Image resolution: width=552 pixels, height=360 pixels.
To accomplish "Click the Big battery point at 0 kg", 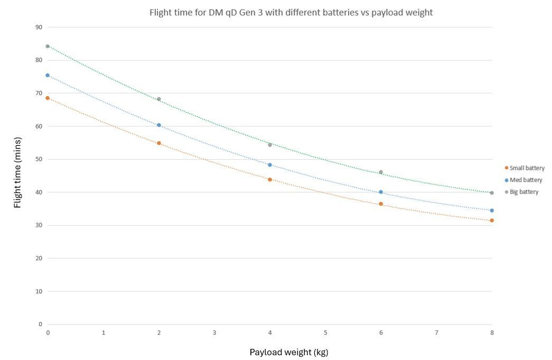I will coord(48,47).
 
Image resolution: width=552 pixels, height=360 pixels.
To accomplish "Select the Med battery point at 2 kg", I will coord(159,125).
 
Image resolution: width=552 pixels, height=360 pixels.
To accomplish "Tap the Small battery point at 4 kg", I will coord(270,180).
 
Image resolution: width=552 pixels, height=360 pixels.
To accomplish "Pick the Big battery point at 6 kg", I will coord(381,172).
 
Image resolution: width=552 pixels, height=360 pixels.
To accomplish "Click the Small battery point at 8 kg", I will coord(492,220).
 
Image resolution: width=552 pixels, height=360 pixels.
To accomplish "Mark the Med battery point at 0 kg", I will coord(48,76).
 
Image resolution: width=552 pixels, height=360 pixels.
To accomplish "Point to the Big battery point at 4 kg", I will coord(270,145).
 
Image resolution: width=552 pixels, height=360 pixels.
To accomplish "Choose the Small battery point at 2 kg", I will coord(159,143).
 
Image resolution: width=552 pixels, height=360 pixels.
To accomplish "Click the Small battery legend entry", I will coord(525,168).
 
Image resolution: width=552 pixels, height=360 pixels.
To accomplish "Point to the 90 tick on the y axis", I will coord(39,27).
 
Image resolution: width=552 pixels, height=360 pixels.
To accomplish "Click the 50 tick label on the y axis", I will coord(39,159).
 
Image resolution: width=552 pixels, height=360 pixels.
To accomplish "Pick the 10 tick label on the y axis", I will coord(39,291).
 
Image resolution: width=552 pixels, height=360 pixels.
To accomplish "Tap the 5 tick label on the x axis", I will coord(325,333).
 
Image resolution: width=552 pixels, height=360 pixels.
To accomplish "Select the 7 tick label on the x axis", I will coord(436,333).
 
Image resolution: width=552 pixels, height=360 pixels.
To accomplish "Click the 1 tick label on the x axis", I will coord(104,333).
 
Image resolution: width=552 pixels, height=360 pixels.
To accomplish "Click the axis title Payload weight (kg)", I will coord(289,352).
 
